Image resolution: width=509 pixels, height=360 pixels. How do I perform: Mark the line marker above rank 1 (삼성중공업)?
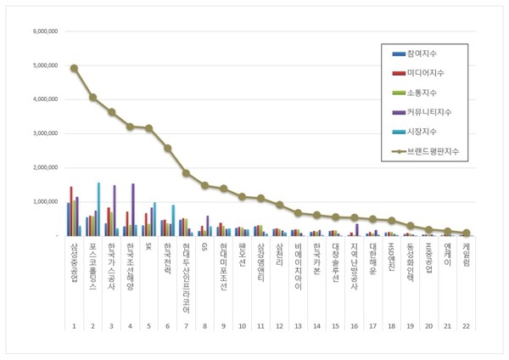[74, 68]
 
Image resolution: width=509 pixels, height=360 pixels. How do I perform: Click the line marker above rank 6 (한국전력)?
[167, 148]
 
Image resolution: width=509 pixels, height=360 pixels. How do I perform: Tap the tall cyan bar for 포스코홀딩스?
[98, 209]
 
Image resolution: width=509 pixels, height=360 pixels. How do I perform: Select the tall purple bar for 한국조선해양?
[132, 210]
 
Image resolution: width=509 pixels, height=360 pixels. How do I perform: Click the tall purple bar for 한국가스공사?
[114, 211]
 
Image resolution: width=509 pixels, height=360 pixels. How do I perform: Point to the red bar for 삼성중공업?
[71, 211]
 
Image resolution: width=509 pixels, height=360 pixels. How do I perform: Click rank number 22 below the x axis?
[466, 326]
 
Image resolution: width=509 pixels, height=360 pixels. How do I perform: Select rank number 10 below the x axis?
[242, 326]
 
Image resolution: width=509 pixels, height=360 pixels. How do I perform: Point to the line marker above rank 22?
[466, 233]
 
